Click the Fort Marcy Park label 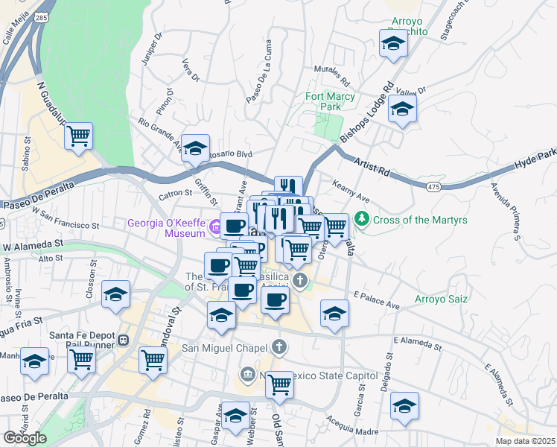tap(323, 102)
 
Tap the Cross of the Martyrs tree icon tap(362, 219)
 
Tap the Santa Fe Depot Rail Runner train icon tap(124, 340)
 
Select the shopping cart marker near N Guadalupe tap(78, 136)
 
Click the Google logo tap(25, 437)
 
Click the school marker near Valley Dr tap(402, 110)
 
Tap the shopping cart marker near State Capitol tap(279, 384)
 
